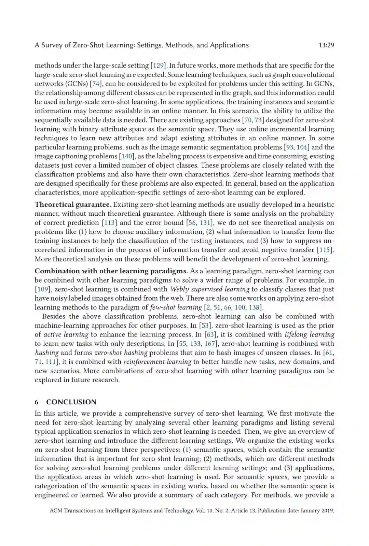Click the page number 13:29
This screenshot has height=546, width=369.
point(326,45)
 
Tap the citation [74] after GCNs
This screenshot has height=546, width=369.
point(96,84)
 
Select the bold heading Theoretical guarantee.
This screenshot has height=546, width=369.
point(73,205)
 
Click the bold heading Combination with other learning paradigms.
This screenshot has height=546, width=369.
point(111,271)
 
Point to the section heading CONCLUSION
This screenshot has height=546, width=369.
point(71,402)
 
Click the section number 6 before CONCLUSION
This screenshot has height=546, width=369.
point(37,402)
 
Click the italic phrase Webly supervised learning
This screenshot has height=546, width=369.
point(210,289)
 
